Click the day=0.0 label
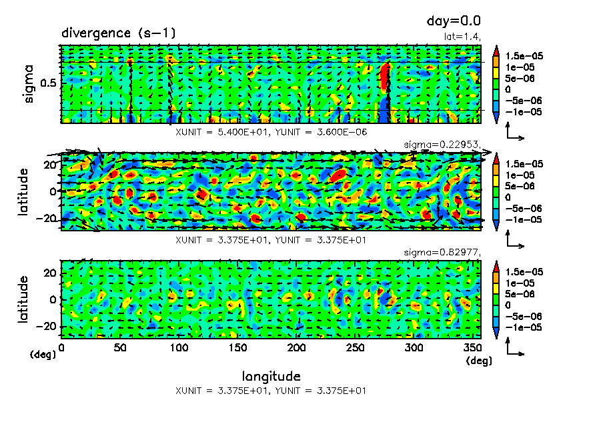(x=454, y=21)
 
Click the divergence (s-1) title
(x=118, y=33)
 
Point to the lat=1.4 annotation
(x=463, y=37)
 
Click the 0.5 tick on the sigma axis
(x=50, y=83)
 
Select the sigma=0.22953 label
(x=443, y=145)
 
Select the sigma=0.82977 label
(x=443, y=253)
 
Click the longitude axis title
(x=271, y=375)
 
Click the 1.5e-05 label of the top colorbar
(x=524, y=57)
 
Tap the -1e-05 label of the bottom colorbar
(x=523, y=327)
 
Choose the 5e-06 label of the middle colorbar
(x=520, y=187)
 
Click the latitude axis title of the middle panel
(x=24, y=191)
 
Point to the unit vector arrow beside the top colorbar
(x=514, y=134)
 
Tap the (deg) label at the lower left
(x=43, y=355)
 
